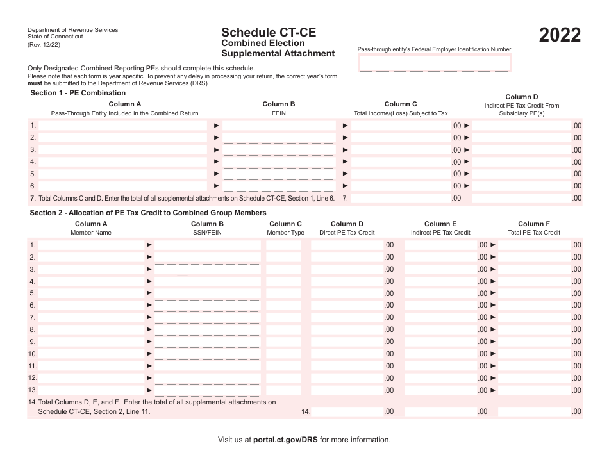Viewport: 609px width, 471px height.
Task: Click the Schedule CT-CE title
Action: [x=269, y=32]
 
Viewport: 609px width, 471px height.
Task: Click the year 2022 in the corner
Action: [x=560, y=35]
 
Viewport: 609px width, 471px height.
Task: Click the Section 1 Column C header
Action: [x=401, y=104]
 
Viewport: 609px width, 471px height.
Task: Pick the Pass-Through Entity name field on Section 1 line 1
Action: [x=124, y=126]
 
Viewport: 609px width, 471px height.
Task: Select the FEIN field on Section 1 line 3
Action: [x=279, y=150]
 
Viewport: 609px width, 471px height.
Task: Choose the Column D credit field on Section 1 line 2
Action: [x=522, y=138]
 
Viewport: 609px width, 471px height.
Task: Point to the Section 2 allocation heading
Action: [x=148, y=213]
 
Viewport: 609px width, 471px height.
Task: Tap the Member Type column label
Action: [x=285, y=233]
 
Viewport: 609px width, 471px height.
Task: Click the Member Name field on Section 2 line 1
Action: [x=90, y=245]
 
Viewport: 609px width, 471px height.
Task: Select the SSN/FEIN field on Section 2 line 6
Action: [x=208, y=306]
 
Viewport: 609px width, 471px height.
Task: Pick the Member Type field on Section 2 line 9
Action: [x=283, y=342]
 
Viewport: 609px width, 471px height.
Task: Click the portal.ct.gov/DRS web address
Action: [x=285, y=440]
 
